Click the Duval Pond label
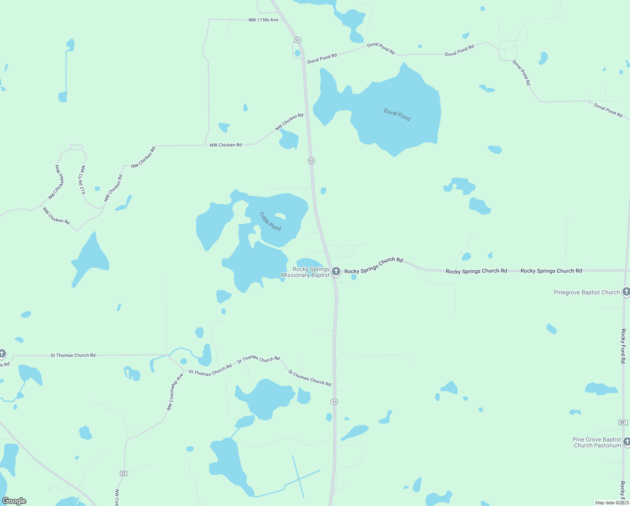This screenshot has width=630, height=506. (x=397, y=114)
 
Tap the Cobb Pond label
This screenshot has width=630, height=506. (x=270, y=221)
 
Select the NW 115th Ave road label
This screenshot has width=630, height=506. (x=263, y=20)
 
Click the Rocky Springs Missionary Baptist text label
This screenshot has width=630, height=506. (x=305, y=272)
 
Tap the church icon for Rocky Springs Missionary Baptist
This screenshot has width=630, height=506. (x=336, y=272)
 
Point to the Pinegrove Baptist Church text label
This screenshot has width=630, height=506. (x=587, y=292)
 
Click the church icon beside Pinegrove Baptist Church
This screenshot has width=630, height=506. (x=626, y=291)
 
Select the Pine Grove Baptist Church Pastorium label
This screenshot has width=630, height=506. (x=597, y=442)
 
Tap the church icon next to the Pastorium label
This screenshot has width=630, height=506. (x=627, y=441)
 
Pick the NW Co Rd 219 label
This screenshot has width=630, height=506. (x=83, y=180)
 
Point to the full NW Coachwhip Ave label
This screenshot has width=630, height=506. (x=175, y=392)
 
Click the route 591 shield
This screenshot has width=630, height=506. (x=623, y=422)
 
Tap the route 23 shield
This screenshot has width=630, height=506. (x=123, y=474)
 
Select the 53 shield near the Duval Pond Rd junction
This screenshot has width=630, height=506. (x=297, y=40)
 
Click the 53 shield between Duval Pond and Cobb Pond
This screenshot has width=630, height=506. (x=311, y=161)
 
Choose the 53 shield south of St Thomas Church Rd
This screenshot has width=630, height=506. (x=334, y=402)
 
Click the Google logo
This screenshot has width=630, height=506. (x=14, y=501)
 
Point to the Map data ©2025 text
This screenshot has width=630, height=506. (x=611, y=503)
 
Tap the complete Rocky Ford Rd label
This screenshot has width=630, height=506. (x=623, y=346)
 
